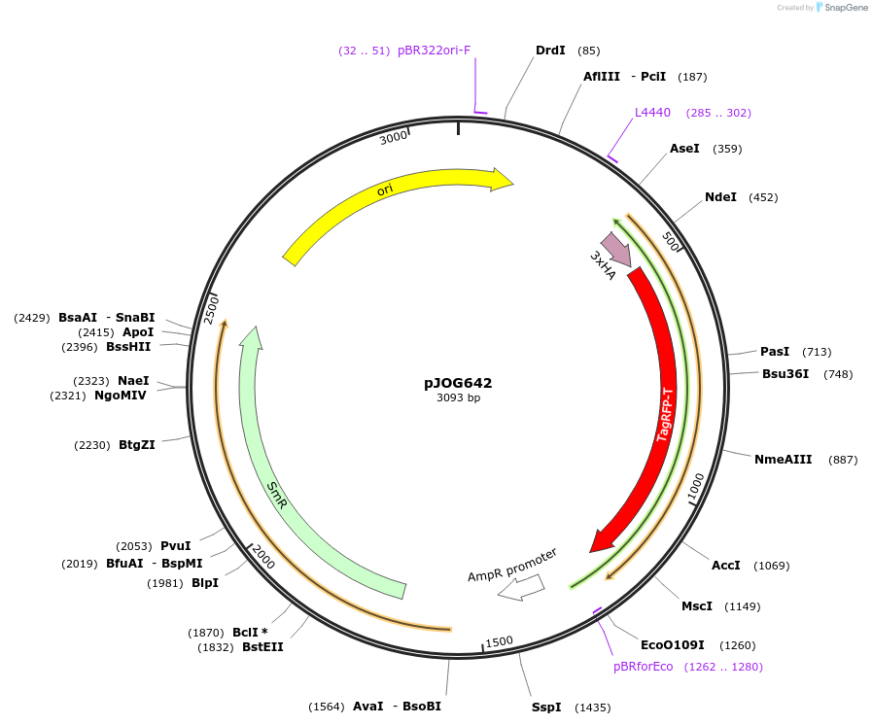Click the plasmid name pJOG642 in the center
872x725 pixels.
[458, 383]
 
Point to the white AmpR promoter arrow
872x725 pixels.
[520, 587]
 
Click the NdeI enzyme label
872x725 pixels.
[720, 197]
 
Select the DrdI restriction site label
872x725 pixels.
[550, 50]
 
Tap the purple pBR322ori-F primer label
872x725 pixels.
[434, 51]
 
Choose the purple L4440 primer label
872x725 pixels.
[652, 113]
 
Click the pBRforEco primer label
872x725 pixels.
[643, 667]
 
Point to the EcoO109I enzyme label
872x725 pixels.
[671, 644]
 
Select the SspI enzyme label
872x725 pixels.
[546, 707]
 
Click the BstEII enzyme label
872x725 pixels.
[262, 647]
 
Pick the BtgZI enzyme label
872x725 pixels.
[137, 445]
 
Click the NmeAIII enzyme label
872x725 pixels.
[783, 460]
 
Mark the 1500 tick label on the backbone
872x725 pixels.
[499, 641]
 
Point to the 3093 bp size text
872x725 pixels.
[458, 397]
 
